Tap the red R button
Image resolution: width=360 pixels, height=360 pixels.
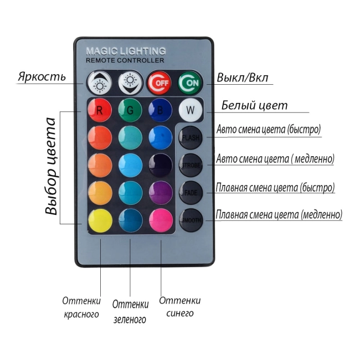[x=100, y=110]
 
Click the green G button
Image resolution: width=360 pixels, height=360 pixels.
[x=130, y=110]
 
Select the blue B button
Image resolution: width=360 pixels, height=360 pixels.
[x=160, y=110]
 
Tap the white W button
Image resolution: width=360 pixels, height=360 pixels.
[x=191, y=110]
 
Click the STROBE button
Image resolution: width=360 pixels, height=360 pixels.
[x=191, y=164]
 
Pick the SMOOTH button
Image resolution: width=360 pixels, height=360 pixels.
[x=191, y=220]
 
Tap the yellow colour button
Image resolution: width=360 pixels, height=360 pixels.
[x=100, y=220]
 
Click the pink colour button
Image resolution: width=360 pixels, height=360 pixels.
[x=160, y=220]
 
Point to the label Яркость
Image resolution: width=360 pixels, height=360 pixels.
[x=42, y=76]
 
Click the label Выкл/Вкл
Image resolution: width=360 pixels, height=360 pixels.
[x=243, y=78]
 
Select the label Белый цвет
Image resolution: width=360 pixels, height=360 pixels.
[x=254, y=105]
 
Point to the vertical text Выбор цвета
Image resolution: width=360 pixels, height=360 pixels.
[x=52, y=166]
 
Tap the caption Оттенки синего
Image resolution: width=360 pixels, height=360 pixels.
[x=179, y=307]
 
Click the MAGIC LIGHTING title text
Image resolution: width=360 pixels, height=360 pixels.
[x=126, y=51]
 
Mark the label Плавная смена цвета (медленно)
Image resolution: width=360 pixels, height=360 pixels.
[x=279, y=214]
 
